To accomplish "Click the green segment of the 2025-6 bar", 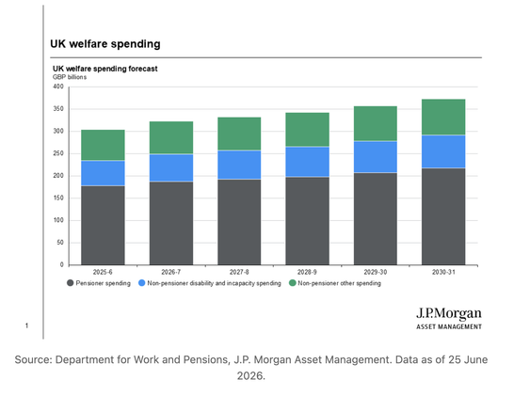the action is [x=103, y=145].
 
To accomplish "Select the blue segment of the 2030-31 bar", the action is [x=443, y=151].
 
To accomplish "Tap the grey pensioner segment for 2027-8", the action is [x=239, y=222].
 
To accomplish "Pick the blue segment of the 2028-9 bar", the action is [x=308, y=162].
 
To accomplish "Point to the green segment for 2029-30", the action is [x=376, y=123].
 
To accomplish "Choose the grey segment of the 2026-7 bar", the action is [x=171, y=223].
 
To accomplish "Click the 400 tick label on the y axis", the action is [x=58, y=87].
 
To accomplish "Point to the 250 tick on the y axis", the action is [x=58, y=153].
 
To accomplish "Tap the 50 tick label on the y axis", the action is [x=60, y=243].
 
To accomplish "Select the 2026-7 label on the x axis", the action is [x=171, y=272].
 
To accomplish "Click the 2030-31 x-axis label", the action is [x=443, y=272].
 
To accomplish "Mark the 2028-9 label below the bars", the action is [x=307, y=272].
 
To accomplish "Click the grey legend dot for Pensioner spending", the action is [x=71, y=283].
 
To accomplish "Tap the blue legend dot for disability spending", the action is [x=141, y=283].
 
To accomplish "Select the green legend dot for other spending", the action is [x=293, y=283].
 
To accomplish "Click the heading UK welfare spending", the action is [x=105, y=44].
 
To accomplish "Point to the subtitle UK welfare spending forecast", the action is [x=105, y=69].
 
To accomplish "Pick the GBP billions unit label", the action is [x=70, y=77].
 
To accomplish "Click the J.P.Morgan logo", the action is [x=449, y=318].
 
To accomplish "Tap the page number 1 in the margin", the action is [x=27, y=325].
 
